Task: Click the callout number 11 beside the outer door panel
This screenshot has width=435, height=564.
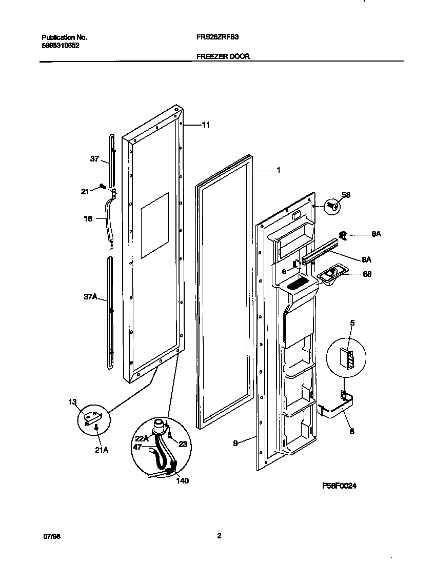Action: click(x=206, y=125)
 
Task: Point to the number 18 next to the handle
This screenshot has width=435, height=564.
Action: click(x=88, y=218)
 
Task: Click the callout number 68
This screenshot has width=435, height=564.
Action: click(x=367, y=274)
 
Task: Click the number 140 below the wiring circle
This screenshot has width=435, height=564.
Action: click(x=182, y=480)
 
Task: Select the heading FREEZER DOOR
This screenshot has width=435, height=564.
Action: click(x=223, y=56)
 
